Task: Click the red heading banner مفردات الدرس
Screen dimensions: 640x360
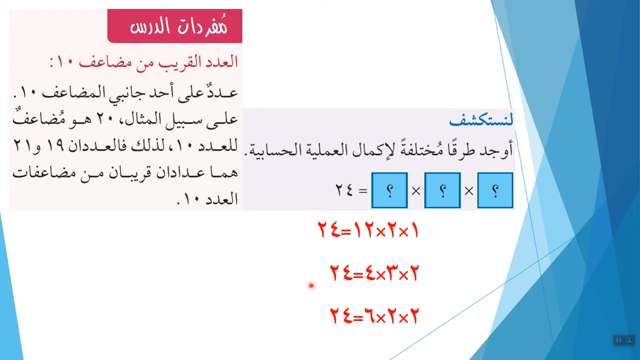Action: click(175, 26)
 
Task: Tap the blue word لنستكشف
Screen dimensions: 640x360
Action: click(481, 119)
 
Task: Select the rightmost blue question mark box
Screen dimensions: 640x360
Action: click(495, 190)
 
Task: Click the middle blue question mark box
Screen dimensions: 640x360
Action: click(442, 190)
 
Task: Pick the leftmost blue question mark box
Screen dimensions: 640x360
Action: click(389, 190)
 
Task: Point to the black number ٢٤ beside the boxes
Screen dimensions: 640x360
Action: click(344, 190)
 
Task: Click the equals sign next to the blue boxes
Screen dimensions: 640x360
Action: click(363, 191)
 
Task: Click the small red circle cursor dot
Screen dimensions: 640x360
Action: click(311, 285)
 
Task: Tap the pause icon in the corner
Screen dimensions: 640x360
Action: click(618, 340)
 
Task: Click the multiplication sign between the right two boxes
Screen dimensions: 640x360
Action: click(469, 191)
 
